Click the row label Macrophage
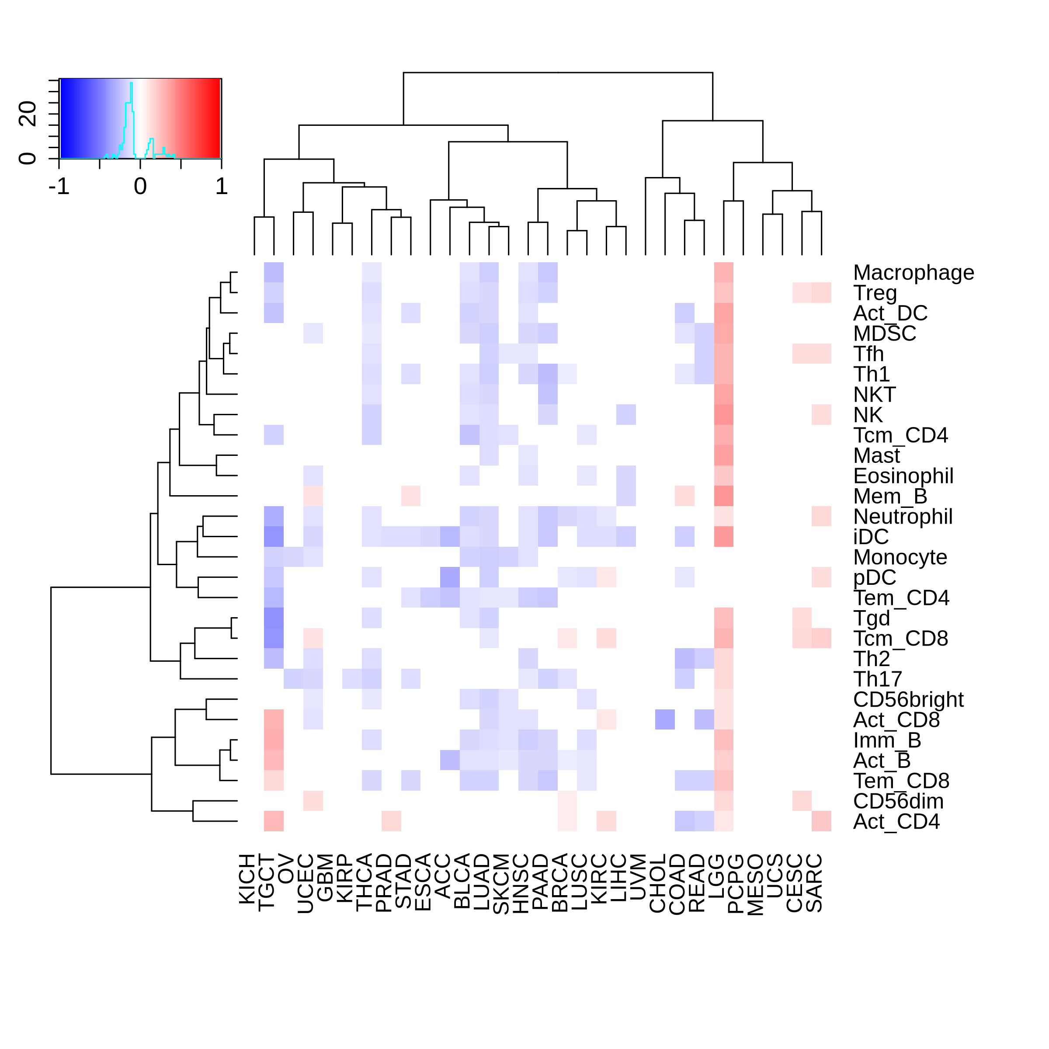coord(913,273)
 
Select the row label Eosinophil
coord(903,476)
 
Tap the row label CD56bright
coord(908,700)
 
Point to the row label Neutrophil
coord(903,517)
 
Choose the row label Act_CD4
coord(896,822)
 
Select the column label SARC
coord(814,883)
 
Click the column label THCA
coord(365,882)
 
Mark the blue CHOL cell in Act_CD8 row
coord(665,719)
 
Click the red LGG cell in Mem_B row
coord(724,496)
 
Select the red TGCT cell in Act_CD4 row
coord(274,821)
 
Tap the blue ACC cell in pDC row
coord(450,577)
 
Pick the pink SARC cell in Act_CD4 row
coord(822,821)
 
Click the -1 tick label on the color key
coord(59,187)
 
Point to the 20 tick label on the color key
coord(28,114)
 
